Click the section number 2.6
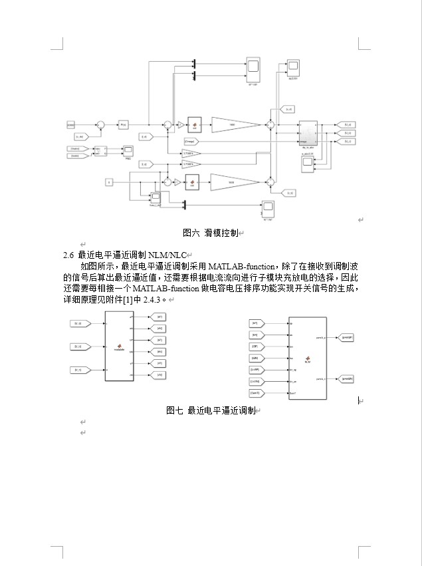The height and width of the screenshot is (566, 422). pos(68,255)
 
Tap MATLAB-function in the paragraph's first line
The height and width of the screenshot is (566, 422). pos(240,267)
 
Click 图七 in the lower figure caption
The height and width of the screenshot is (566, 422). pos(175,410)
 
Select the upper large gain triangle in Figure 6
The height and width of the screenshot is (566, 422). pos(236,124)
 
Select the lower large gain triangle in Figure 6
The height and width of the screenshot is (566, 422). pos(236,182)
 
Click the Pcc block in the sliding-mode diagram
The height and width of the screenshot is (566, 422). pos(124,124)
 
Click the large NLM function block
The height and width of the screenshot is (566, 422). pos(307,359)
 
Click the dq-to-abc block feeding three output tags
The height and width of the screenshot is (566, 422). pos(308,132)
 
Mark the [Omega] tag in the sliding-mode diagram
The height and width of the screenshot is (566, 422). pos(190,140)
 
